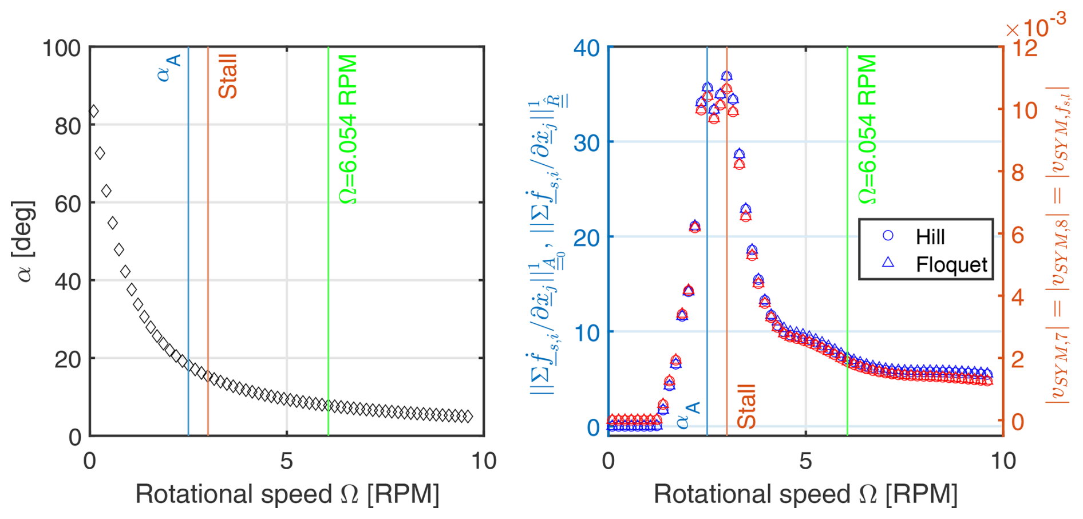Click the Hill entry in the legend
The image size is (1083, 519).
tap(930, 236)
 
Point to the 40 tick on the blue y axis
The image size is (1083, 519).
tap(587, 48)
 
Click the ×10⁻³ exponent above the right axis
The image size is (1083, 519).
tap(1036, 26)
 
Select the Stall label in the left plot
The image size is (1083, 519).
tap(228, 76)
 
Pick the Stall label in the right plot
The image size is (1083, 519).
tap(747, 406)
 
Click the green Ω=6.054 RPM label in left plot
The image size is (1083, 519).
tap(348, 129)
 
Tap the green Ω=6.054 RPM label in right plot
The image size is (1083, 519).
tap(867, 129)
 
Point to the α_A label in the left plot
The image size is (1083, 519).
tap(170, 68)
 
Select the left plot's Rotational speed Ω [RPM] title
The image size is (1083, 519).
tap(287, 494)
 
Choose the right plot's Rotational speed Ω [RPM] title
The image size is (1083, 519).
tap(805, 494)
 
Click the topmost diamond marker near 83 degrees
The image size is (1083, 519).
tap(94, 111)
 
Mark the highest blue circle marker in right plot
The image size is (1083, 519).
tap(726, 76)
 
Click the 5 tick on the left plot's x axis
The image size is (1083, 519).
tap(287, 461)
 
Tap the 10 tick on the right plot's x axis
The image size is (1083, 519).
tap(1003, 461)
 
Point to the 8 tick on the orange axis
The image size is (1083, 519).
tap(1017, 172)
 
